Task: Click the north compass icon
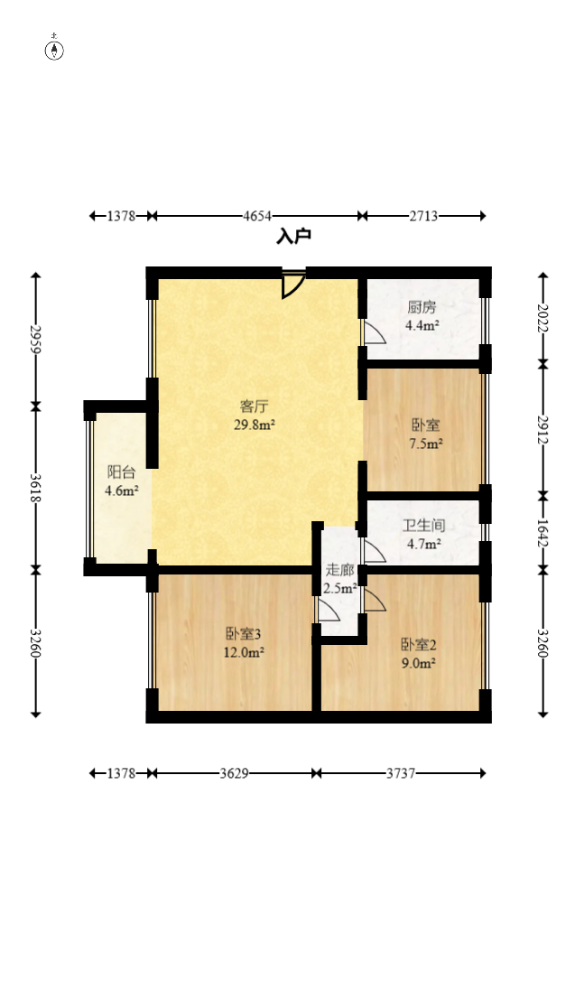55,50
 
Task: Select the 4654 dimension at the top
257,216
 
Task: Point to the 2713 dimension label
423,216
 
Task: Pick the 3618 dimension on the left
36,487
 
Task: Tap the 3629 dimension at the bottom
234,773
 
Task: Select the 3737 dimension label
401,773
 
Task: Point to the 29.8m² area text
254,425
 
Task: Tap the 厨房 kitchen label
422,307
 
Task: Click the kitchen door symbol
374,332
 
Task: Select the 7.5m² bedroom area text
425,444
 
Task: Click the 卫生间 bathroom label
423,525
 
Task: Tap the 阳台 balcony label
121,472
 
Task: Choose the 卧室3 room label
243,633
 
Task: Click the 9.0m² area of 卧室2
419,663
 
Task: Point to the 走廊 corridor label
339,570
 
